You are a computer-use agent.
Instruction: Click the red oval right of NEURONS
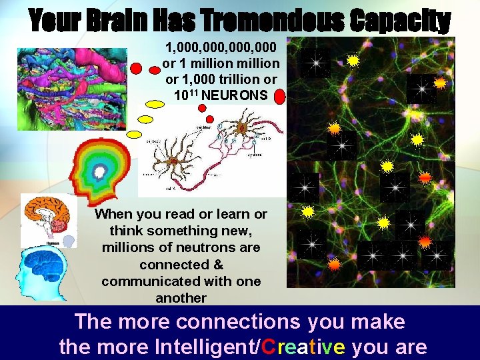pyautogui.click(x=279, y=97)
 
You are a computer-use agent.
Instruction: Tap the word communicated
pyautogui.click(x=142, y=281)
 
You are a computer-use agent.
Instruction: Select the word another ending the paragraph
pyautogui.click(x=181, y=298)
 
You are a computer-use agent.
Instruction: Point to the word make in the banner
pyautogui.click(x=379, y=323)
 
